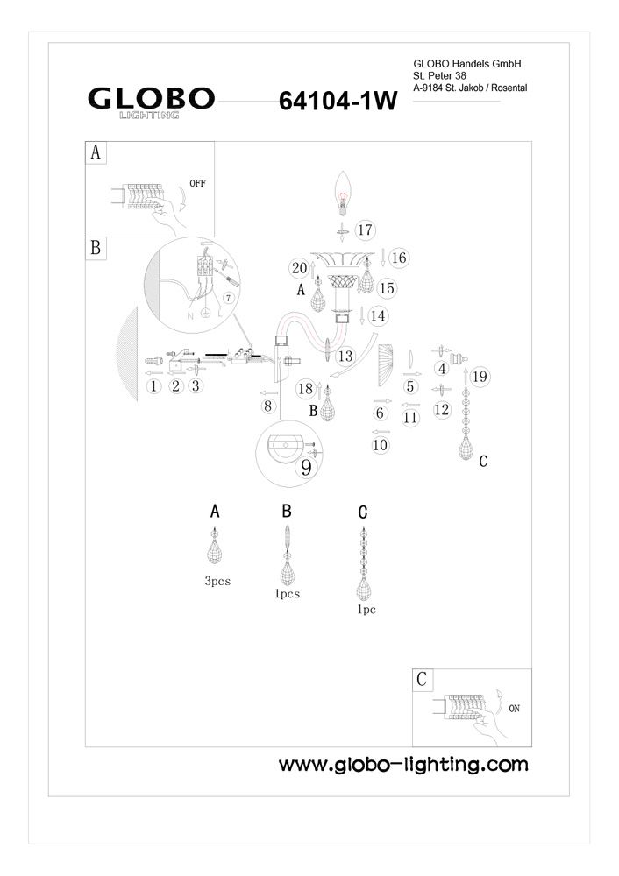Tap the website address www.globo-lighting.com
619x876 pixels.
click(x=403, y=764)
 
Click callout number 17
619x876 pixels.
click(x=365, y=230)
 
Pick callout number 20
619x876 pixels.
click(x=298, y=268)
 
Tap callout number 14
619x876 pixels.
click(x=378, y=314)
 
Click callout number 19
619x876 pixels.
click(x=478, y=378)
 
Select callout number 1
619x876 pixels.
click(x=153, y=385)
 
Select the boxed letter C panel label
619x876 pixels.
click(x=423, y=679)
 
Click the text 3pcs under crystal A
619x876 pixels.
click(x=217, y=581)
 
